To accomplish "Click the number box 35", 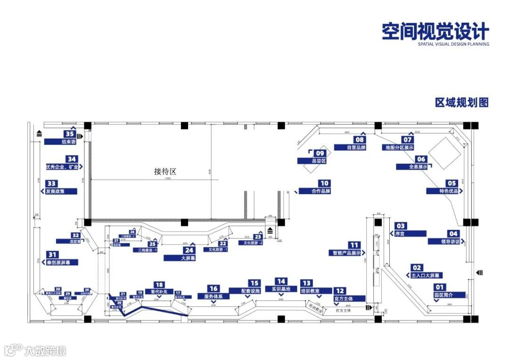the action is (x=70, y=134).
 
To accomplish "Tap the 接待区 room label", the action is (x=164, y=172).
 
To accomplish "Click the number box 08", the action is (x=360, y=139).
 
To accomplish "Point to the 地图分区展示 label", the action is (x=398, y=147).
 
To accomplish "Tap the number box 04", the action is (x=452, y=234).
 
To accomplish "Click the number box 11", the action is (x=354, y=245).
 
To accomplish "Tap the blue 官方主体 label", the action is (x=349, y=298).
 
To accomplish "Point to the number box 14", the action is (x=281, y=281).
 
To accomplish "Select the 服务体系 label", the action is (x=216, y=296).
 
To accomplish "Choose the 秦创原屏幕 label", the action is (x=61, y=262).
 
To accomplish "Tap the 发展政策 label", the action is (x=61, y=191).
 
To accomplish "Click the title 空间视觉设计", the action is (x=435, y=32).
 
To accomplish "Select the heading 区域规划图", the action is (x=462, y=102).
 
